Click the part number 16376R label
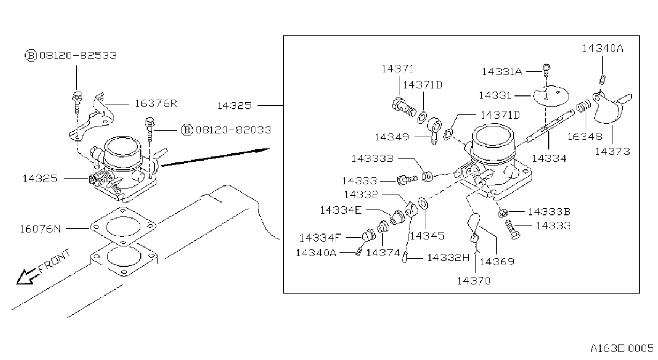[156, 103]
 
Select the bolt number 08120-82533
[78, 55]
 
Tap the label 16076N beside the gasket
[41, 229]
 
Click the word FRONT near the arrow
[55, 261]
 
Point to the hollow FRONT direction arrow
[27, 276]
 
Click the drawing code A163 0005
[622, 348]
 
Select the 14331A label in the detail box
[502, 71]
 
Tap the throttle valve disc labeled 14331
[551, 95]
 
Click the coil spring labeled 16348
[584, 106]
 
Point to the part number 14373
[612, 152]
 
